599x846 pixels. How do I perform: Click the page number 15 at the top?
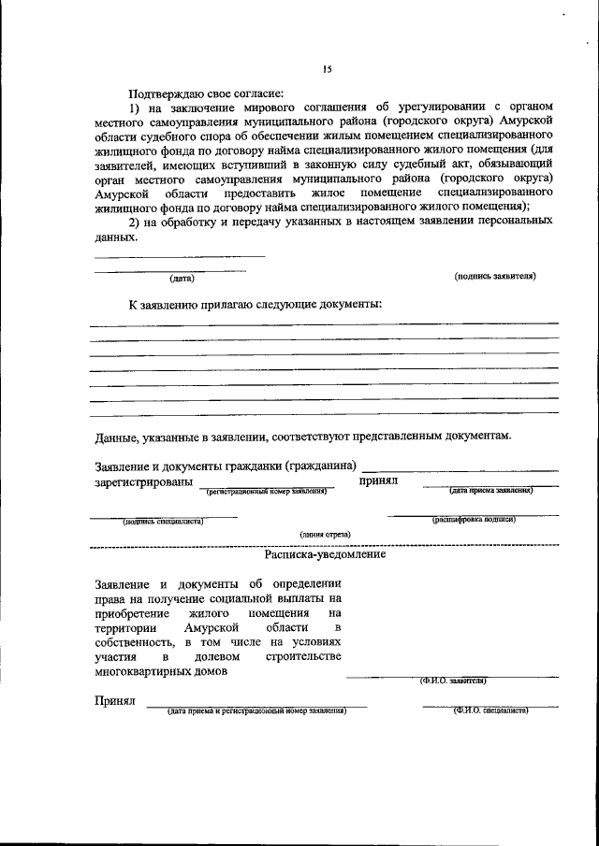328,69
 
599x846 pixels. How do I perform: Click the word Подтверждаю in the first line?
166,93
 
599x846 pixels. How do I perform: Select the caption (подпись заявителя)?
495,277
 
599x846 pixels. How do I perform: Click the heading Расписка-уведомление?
325,553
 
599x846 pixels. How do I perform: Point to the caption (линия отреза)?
325,534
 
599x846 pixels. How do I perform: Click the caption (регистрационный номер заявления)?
266,489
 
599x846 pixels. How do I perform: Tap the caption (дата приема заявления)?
490,489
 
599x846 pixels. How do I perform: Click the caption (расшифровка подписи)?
474,520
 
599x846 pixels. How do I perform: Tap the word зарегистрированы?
144,481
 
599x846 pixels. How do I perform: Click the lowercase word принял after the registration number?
379,480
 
